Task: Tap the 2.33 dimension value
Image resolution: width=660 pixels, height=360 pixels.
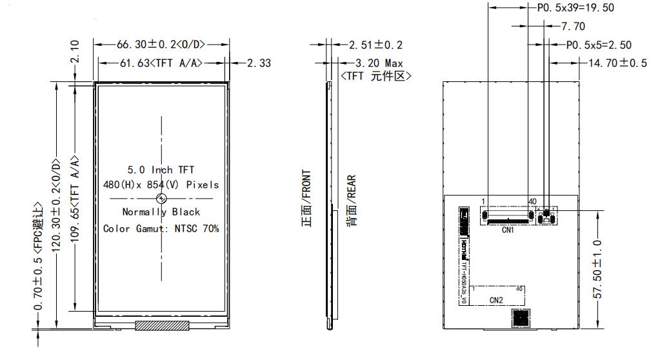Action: pos(260,63)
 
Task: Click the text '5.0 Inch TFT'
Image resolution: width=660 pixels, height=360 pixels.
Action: pos(161,170)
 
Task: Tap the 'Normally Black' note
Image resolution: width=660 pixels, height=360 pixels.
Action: pos(161,212)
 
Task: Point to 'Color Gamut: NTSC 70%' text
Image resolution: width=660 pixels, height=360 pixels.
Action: pos(161,228)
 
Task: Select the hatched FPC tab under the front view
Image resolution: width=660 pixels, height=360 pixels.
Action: pos(161,325)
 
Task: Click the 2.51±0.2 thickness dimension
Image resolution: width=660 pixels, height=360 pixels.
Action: pos(375,45)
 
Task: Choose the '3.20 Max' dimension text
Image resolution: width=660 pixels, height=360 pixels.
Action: pos(379,63)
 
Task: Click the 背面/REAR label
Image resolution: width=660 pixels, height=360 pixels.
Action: pos(352,200)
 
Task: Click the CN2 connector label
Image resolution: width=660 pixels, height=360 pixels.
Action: pos(495,300)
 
